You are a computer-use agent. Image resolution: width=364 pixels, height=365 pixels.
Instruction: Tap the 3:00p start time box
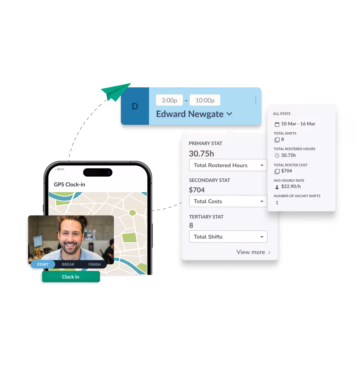pyautogui.click(x=169, y=100)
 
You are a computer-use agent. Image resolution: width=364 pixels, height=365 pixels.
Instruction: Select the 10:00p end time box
pyautogui.click(x=205, y=100)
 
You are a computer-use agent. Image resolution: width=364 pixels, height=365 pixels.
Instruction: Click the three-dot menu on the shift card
pyautogui.click(x=255, y=100)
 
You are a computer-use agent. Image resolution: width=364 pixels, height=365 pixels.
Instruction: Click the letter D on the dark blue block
pyautogui.click(x=135, y=107)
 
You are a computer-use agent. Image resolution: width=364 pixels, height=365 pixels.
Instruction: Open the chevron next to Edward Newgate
pyautogui.click(x=229, y=114)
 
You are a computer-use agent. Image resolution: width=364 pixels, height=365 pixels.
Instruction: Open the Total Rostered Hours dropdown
pyautogui.click(x=228, y=165)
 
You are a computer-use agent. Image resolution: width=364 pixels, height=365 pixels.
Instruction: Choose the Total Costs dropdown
pyautogui.click(x=228, y=201)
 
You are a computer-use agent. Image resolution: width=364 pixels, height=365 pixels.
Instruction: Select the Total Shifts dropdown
pyautogui.click(x=228, y=237)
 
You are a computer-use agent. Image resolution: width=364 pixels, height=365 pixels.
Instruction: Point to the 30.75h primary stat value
pyautogui.click(x=201, y=154)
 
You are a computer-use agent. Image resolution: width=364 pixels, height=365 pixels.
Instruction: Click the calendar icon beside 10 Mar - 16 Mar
pyautogui.click(x=277, y=124)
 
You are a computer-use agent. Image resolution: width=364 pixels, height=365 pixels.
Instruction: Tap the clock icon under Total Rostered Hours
pyautogui.click(x=277, y=155)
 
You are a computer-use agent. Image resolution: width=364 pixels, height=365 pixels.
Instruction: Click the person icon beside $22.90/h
pyautogui.click(x=277, y=187)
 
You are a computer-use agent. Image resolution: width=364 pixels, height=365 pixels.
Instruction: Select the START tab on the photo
pyautogui.click(x=43, y=264)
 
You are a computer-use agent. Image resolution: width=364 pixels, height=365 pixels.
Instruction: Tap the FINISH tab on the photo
pyautogui.click(x=95, y=264)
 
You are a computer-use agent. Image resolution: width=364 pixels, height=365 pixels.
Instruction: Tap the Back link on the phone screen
pyautogui.click(x=60, y=169)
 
